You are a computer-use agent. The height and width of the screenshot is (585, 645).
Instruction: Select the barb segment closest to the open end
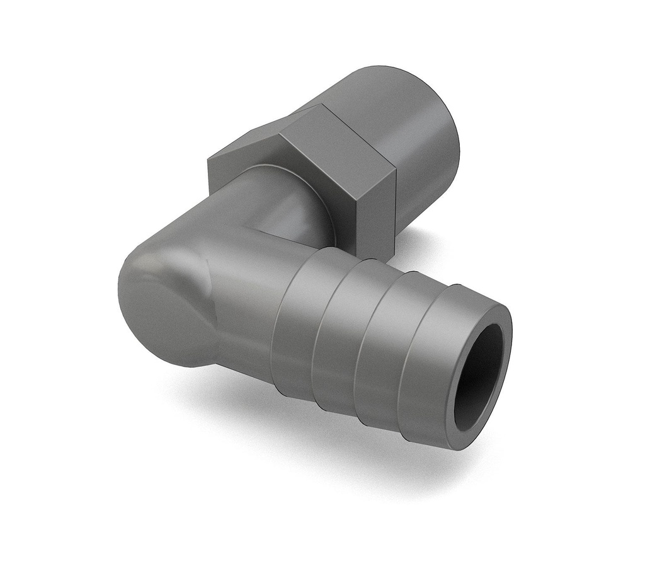(428, 353)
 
